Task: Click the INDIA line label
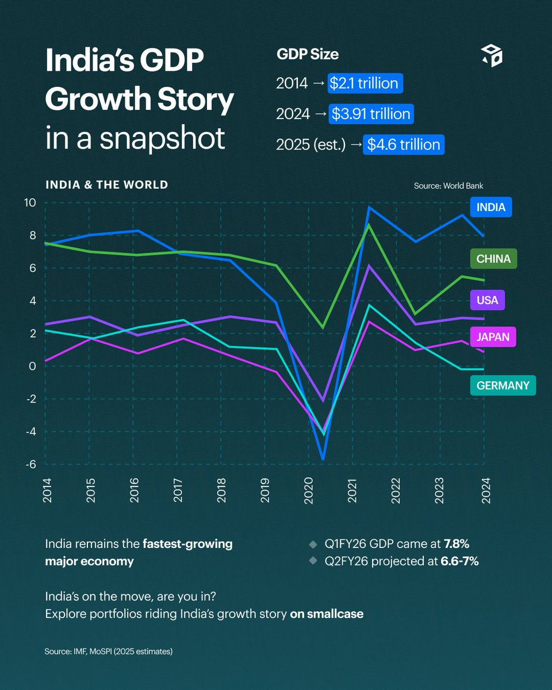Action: [x=490, y=208]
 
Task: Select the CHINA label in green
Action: [x=493, y=259]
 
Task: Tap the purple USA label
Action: [x=487, y=300]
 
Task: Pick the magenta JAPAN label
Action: [x=493, y=337]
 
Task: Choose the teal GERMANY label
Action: [x=503, y=385]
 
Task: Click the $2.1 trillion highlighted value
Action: [x=365, y=83]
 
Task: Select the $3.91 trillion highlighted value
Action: [x=371, y=114]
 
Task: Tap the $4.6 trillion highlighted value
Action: [x=404, y=144]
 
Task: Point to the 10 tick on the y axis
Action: [x=30, y=202]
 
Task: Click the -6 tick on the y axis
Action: [x=30, y=465]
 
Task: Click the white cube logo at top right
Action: [x=492, y=55]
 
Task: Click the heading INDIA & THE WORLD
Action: [x=106, y=185]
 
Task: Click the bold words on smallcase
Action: [x=327, y=614]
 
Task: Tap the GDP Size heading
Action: [x=308, y=55]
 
